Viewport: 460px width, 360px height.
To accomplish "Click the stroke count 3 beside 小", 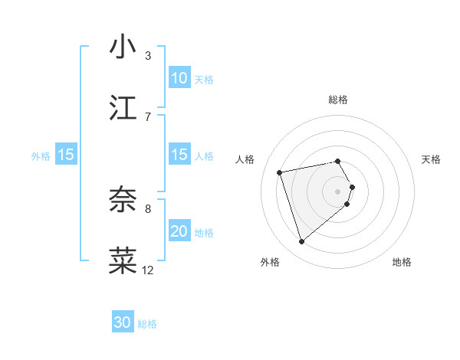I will click(x=148, y=56).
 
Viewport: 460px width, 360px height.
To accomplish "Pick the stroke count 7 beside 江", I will click(x=148, y=116).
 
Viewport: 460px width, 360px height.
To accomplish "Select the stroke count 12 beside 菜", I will click(x=148, y=270).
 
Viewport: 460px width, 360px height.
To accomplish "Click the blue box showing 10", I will click(x=179, y=77).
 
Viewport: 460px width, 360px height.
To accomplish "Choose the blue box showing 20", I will click(x=179, y=231).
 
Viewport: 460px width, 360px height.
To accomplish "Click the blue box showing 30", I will click(x=123, y=322).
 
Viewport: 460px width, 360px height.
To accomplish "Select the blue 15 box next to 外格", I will click(x=66, y=155).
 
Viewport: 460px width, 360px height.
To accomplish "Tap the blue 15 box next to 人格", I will click(x=179, y=155).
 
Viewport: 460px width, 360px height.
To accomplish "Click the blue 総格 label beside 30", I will click(x=148, y=324).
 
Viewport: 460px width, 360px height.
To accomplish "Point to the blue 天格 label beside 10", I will click(x=204, y=79).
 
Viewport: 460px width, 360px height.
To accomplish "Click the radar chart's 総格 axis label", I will click(x=338, y=100).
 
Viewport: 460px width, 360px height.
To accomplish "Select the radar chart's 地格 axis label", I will click(x=402, y=262).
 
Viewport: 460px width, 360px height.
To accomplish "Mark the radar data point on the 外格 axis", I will click(x=301, y=242).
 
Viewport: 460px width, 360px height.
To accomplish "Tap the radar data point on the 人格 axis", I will click(x=280, y=172).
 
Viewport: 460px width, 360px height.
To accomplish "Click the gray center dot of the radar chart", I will click(x=338, y=190).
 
